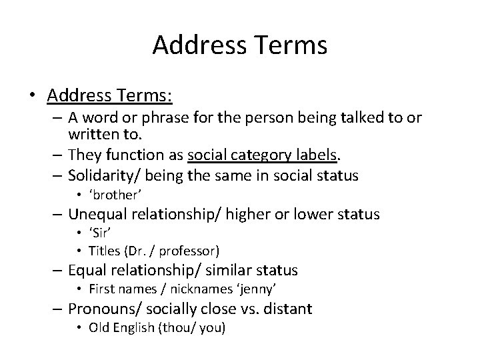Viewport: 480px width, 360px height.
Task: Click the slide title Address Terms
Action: (240, 45)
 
